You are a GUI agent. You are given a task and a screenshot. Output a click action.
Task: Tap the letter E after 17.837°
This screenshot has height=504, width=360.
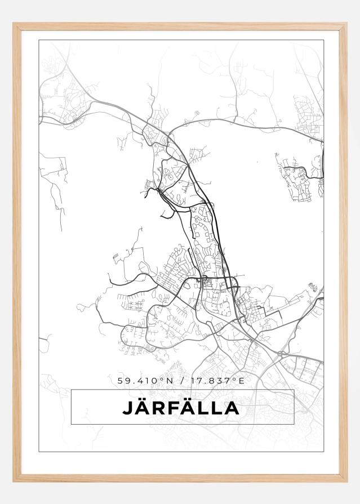(x=242, y=381)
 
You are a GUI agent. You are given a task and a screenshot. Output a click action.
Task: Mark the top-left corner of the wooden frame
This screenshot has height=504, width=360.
(x=14, y=24)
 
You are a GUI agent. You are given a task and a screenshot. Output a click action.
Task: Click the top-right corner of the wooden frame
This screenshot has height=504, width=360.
(x=346, y=24)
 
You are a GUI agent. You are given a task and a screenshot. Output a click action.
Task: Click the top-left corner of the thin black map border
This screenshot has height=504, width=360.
(x=39, y=40)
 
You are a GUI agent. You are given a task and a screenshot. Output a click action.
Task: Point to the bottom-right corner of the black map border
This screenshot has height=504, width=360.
(x=324, y=452)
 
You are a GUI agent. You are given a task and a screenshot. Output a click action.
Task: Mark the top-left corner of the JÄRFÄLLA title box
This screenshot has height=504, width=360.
(x=72, y=390)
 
